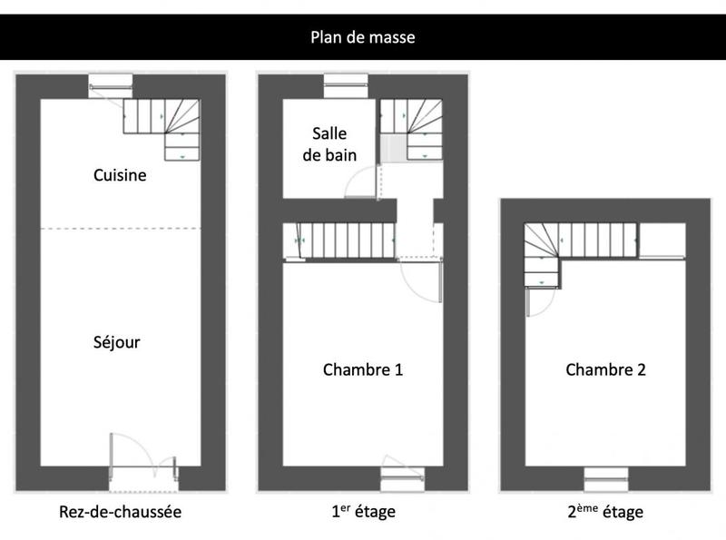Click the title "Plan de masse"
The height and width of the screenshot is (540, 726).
pyautogui.click(x=363, y=37)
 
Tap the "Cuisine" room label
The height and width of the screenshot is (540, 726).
pyautogui.click(x=120, y=175)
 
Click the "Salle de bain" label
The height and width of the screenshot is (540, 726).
pyautogui.click(x=329, y=144)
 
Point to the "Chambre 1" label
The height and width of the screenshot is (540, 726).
pyautogui.click(x=363, y=369)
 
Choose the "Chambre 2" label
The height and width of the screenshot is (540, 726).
pyautogui.click(x=605, y=369)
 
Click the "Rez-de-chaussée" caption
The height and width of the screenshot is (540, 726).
pyautogui.click(x=121, y=512)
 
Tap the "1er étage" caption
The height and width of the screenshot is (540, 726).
pyautogui.click(x=363, y=512)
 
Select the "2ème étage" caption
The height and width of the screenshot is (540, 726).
pyautogui.click(x=605, y=512)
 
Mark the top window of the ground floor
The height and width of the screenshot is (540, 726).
pyautogui.click(x=111, y=86)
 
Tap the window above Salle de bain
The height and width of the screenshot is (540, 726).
pyautogui.click(x=346, y=86)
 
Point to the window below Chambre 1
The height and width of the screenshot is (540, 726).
pyautogui.click(x=402, y=477)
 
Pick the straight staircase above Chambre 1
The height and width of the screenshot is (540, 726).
pyautogui.click(x=340, y=241)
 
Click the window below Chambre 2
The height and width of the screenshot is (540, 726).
pyautogui.click(x=605, y=477)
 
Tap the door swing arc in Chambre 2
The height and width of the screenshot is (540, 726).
pyautogui.click(x=540, y=303)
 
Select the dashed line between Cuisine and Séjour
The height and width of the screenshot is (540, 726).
pyautogui.click(x=120, y=228)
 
